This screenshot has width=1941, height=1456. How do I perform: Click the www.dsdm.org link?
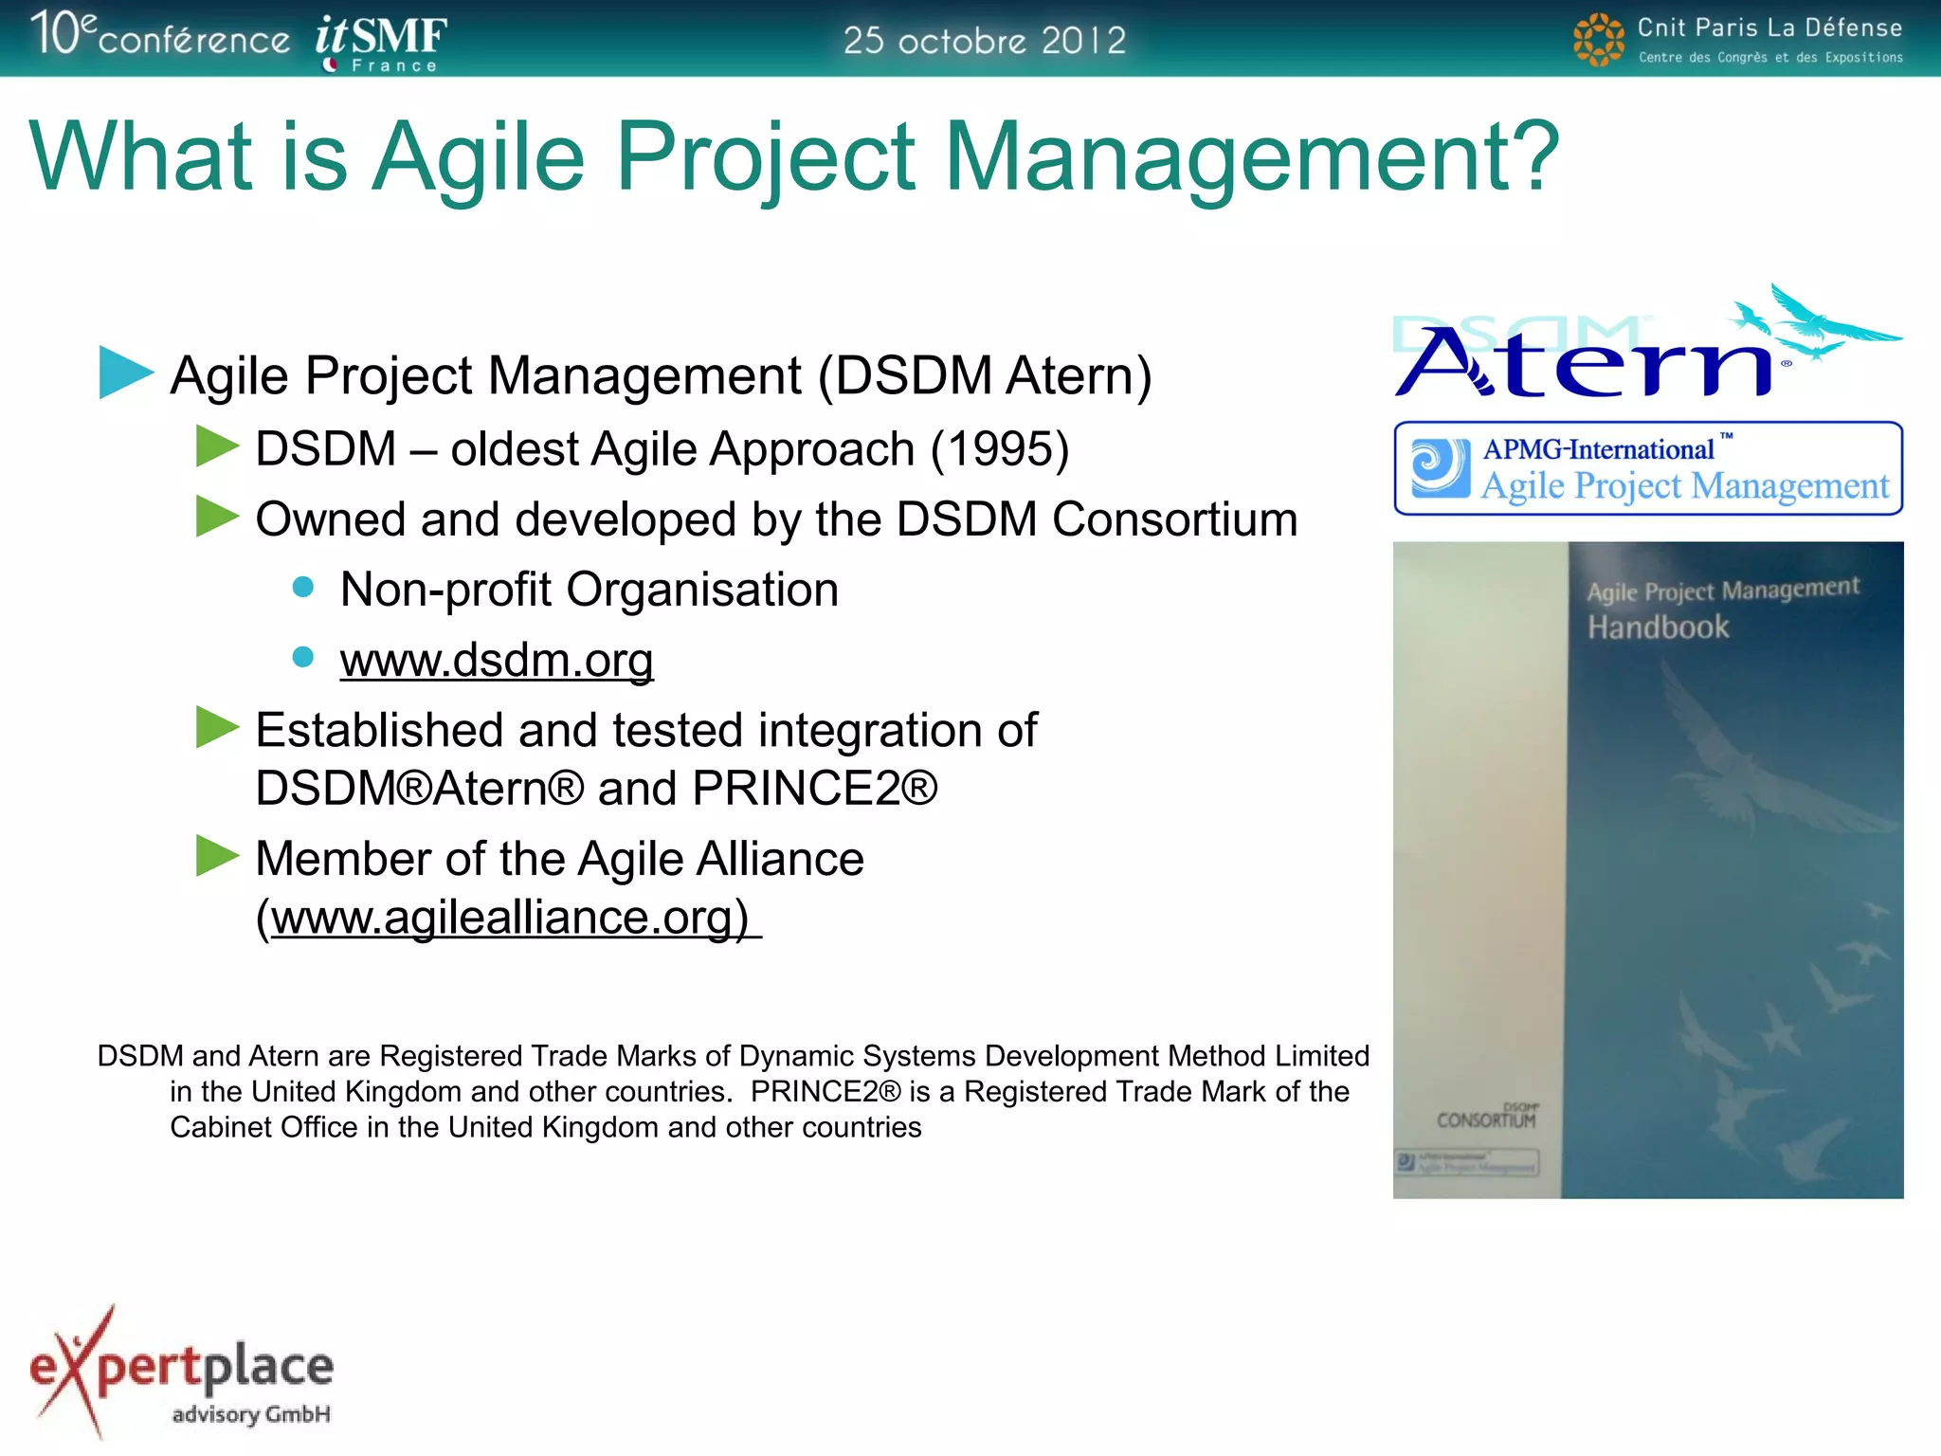tap(497, 661)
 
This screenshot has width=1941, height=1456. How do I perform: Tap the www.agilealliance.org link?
tap(511, 918)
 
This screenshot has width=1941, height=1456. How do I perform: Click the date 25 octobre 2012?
tap(984, 40)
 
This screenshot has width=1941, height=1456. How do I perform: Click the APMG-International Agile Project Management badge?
tap(1647, 468)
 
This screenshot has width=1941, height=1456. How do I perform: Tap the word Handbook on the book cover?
tap(1658, 628)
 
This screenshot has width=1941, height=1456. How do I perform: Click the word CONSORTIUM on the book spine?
tap(1485, 1120)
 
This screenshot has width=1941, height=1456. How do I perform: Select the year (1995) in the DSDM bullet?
tap(1000, 449)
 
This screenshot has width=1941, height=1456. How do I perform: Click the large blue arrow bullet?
tap(125, 373)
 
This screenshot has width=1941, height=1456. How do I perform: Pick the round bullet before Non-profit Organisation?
tap(303, 588)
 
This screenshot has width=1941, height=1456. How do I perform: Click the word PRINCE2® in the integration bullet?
tap(815, 789)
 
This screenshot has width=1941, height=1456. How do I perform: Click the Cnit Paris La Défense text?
tap(1769, 28)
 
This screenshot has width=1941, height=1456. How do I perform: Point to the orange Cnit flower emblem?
tap(1598, 40)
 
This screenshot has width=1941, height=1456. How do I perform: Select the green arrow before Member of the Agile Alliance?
tap(217, 856)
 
